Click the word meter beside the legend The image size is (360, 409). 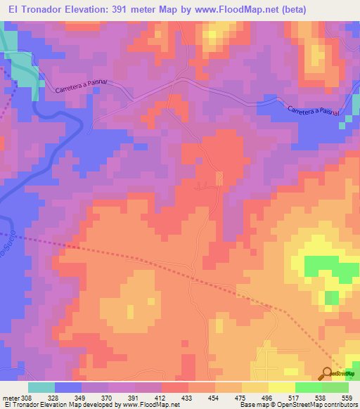point(12,397)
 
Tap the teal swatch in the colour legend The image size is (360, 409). point(41,387)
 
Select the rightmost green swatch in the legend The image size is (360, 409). point(335,387)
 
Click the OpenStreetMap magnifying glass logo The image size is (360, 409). point(328,373)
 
